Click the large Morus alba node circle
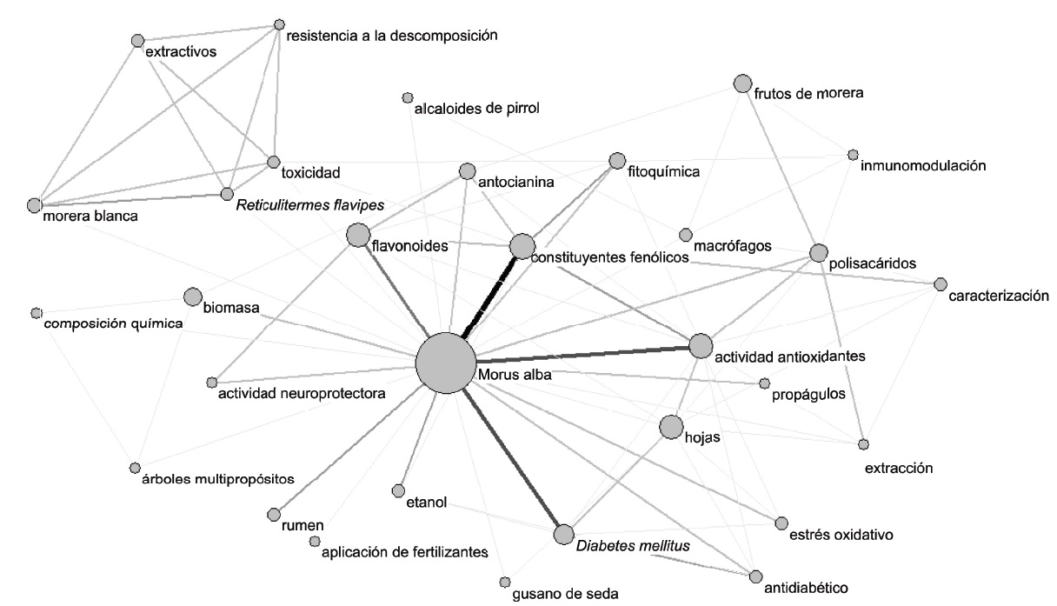446,363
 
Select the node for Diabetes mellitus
563,534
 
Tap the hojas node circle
671,427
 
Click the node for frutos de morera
742,83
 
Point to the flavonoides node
357,235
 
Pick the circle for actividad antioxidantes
701,346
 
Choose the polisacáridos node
818,253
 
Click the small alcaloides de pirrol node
407,97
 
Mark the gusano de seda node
504,582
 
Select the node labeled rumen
274,513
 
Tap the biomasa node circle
193,296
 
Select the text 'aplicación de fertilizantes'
405,551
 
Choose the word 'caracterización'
998,296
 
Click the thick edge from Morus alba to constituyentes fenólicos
492,291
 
